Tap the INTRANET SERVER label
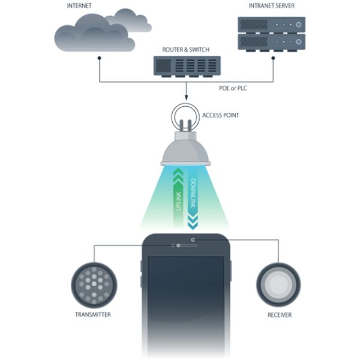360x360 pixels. pos(271,7)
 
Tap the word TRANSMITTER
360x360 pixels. pos(94,314)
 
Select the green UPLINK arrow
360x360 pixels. pos(177,192)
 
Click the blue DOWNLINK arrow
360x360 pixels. pos(194,204)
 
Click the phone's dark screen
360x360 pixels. pos(185,294)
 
